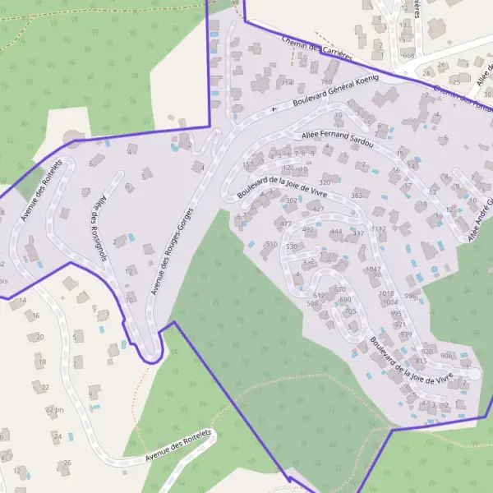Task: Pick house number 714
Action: click(x=287, y=83)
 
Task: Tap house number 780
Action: click(x=326, y=82)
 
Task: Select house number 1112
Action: click(x=378, y=229)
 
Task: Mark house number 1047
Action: click(x=374, y=269)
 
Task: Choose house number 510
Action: click(x=271, y=244)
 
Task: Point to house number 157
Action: click(x=248, y=164)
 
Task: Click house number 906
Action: click(x=446, y=355)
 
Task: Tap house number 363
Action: click(x=357, y=196)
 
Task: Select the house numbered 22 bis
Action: click(x=55, y=409)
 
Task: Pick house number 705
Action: click(x=350, y=311)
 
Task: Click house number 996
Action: click(x=410, y=296)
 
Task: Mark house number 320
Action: click(x=325, y=182)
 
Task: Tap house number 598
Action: click(x=311, y=303)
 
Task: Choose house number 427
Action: click(x=318, y=209)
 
